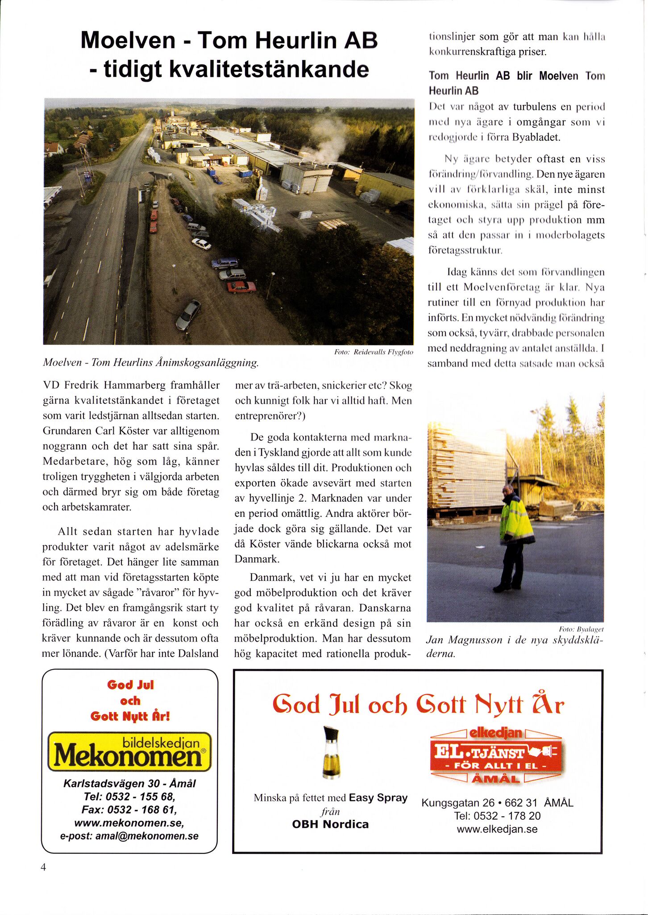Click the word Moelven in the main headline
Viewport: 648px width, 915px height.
[x=128, y=40]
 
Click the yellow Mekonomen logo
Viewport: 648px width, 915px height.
[x=129, y=751]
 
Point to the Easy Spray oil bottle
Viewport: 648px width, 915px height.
[x=331, y=752]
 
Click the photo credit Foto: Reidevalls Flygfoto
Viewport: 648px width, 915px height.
[x=374, y=353]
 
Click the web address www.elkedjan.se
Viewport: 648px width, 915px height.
[x=497, y=829]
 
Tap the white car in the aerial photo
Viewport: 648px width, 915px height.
[x=201, y=244]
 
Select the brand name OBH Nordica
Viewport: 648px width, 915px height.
[x=330, y=824]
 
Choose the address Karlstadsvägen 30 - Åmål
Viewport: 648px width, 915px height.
[x=129, y=783]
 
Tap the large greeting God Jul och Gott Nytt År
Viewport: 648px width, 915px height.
[x=418, y=705]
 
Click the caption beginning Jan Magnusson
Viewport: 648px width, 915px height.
[x=514, y=646]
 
